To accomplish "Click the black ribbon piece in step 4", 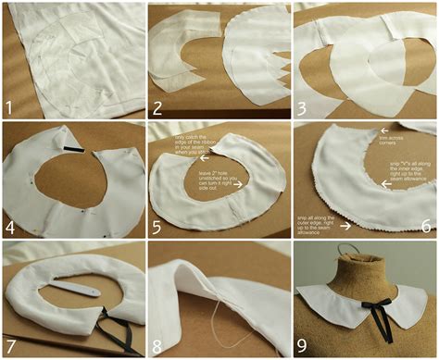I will click(75, 149).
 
